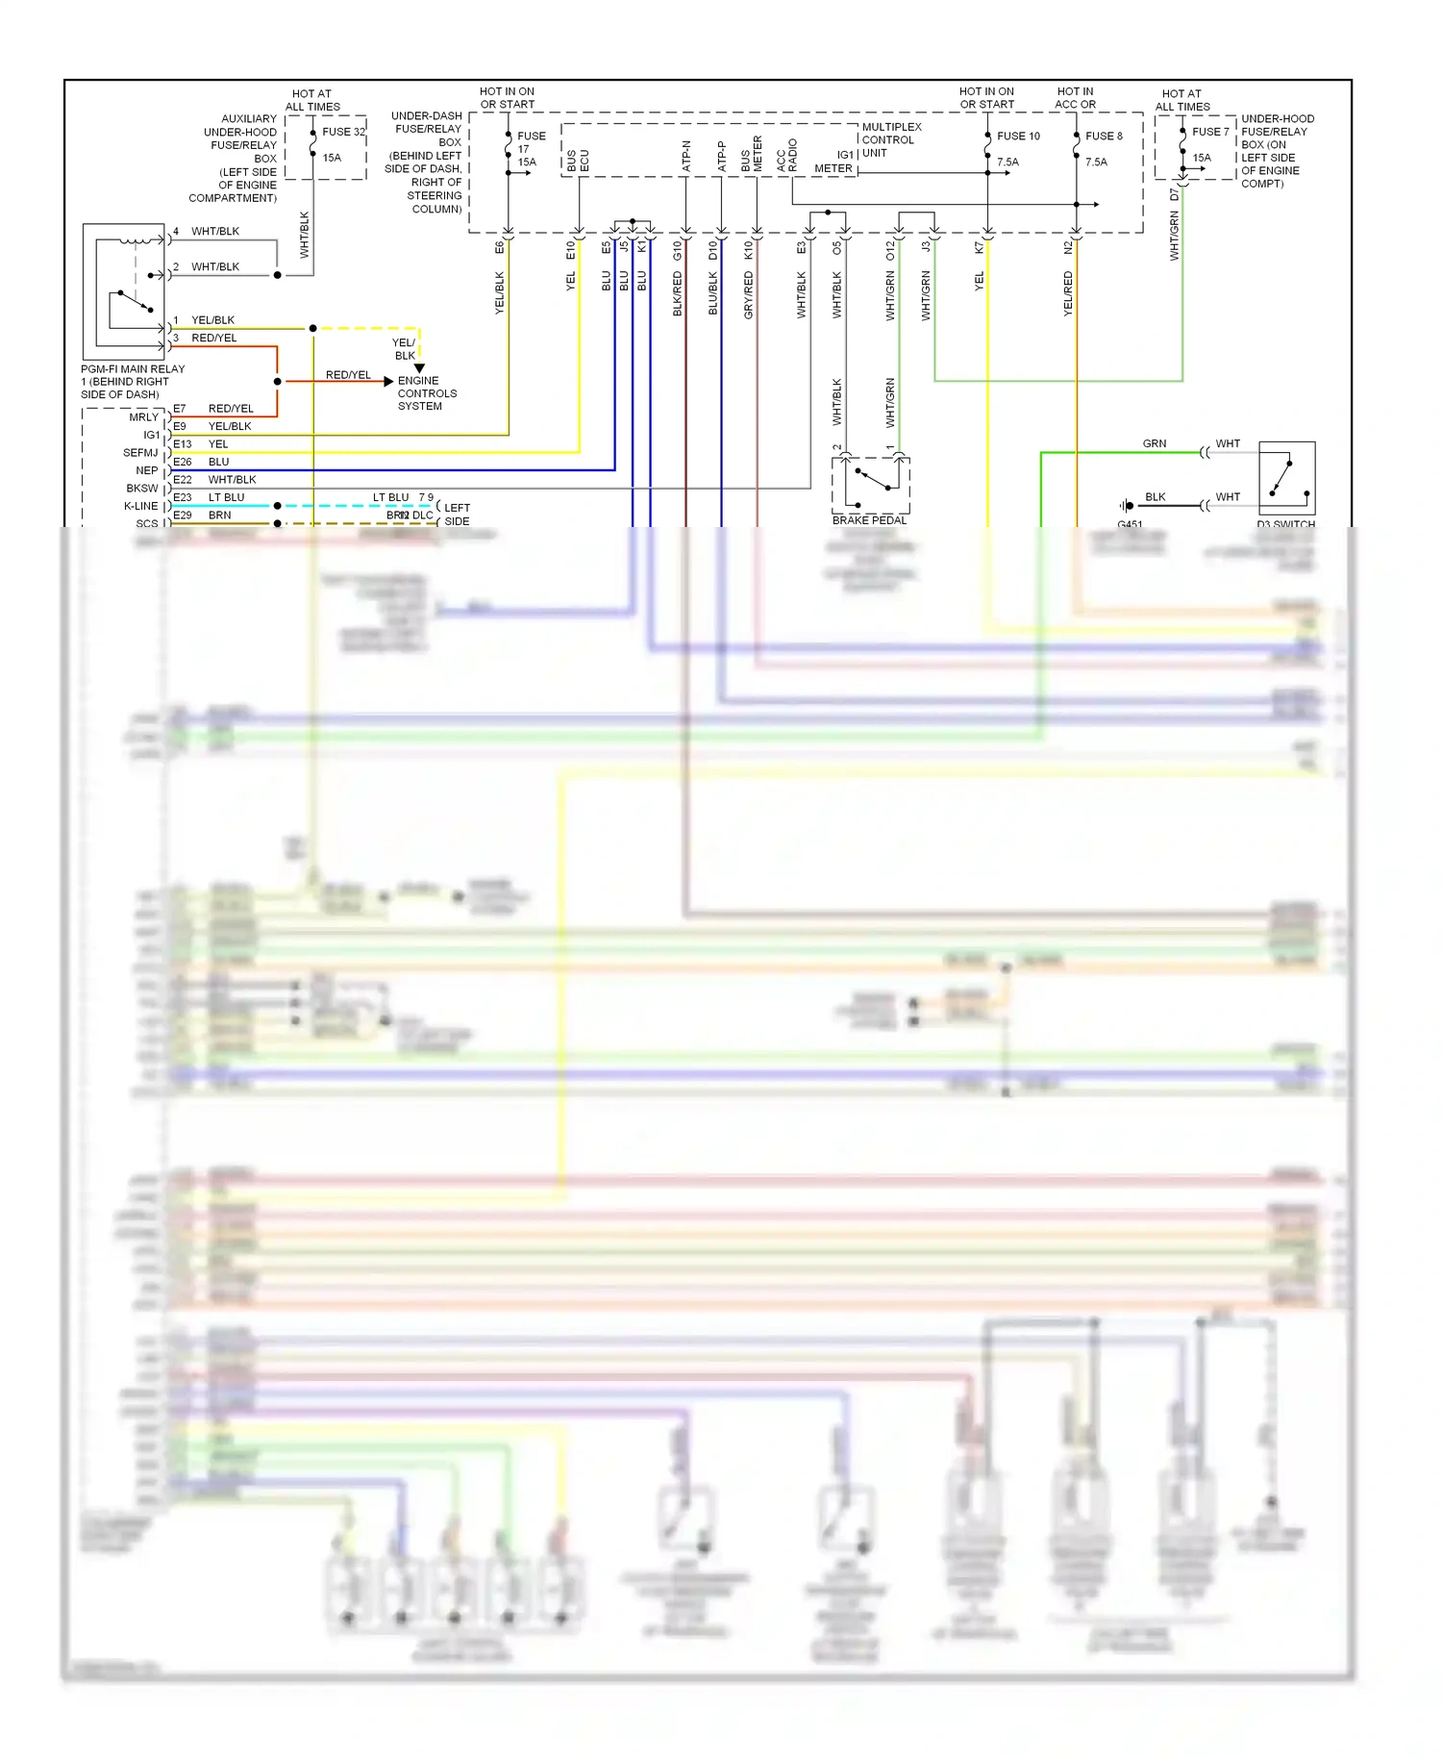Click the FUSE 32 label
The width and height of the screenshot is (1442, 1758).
[343, 132]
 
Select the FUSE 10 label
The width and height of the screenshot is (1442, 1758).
[1018, 136]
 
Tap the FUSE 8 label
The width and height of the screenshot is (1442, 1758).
[1104, 136]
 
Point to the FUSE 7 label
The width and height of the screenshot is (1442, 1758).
[1210, 132]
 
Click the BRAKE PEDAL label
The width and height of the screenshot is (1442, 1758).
[869, 520]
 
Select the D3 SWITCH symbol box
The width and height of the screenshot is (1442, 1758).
[1286, 478]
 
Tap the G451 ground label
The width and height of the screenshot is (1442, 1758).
[1130, 524]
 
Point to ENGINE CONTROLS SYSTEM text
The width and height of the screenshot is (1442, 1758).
[427, 393]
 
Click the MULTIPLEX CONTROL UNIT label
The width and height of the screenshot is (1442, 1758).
[891, 139]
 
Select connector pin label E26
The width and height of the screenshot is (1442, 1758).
[182, 462]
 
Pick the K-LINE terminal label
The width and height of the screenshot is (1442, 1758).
[140, 506]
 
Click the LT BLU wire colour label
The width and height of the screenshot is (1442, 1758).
[226, 497]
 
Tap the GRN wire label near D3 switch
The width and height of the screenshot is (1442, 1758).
[1154, 443]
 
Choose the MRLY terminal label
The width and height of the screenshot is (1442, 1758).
[143, 417]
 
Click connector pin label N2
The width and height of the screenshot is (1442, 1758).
[1068, 247]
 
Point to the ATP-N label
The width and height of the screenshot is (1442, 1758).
[686, 156]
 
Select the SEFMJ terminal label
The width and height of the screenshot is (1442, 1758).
[140, 453]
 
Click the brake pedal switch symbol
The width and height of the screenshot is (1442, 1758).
[870, 484]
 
